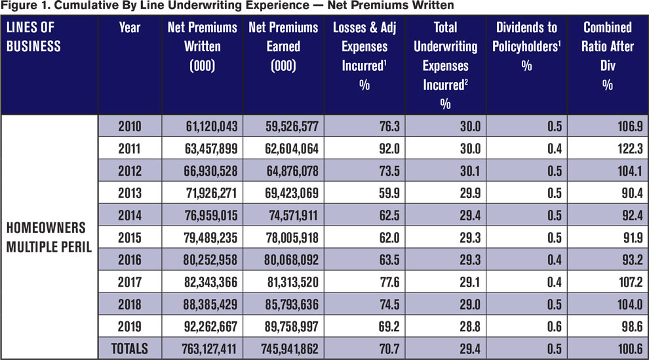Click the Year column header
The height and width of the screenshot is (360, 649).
click(x=130, y=28)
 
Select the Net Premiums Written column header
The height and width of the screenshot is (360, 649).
click(x=202, y=47)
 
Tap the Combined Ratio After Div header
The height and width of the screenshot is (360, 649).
click(x=608, y=56)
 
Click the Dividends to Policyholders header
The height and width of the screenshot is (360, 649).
click(x=526, y=47)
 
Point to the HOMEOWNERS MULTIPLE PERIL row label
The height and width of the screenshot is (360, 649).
click(x=49, y=237)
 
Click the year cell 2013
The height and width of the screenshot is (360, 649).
click(x=130, y=193)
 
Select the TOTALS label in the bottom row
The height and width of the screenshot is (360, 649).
click(x=130, y=349)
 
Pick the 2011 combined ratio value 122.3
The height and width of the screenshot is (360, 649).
click(x=630, y=149)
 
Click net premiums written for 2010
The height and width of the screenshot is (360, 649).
click(x=212, y=127)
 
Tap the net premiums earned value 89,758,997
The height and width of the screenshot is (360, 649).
click(x=292, y=327)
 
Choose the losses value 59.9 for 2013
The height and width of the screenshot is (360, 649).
click(x=389, y=193)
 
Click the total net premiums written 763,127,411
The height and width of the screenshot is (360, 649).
click(x=209, y=349)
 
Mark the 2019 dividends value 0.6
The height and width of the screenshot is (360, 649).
click(x=554, y=327)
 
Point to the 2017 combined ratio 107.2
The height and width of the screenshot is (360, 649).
click(x=631, y=282)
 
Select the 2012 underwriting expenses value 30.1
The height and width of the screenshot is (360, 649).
click(x=470, y=171)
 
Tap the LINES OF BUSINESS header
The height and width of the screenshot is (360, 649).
click(x=33, y=37)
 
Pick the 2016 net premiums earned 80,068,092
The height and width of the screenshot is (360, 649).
click(x=292, y=260)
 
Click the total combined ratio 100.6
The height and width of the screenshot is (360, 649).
click(x=631, y=349)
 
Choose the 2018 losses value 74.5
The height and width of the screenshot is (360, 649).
click(x=389, y=304)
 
